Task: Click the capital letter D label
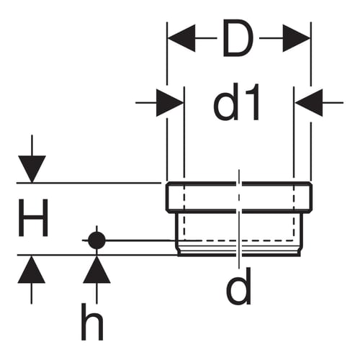point(238,38)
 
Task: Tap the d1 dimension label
point(236,102)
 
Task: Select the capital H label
point(33,217)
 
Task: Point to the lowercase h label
point(92,321)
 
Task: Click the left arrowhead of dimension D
point(181,38)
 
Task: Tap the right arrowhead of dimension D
point(297,38)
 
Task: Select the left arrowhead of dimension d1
point(170,103)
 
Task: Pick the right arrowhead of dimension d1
point(309,103)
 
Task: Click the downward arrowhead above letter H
point(32,169)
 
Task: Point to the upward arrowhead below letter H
point(32,269)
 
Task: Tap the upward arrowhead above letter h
point(96,269)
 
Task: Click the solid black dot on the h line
point(96,240)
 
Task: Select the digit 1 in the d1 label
point(252,102)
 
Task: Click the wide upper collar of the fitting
point(239,197)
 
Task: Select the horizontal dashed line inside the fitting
point(239,240)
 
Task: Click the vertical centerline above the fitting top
point(239,176)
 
